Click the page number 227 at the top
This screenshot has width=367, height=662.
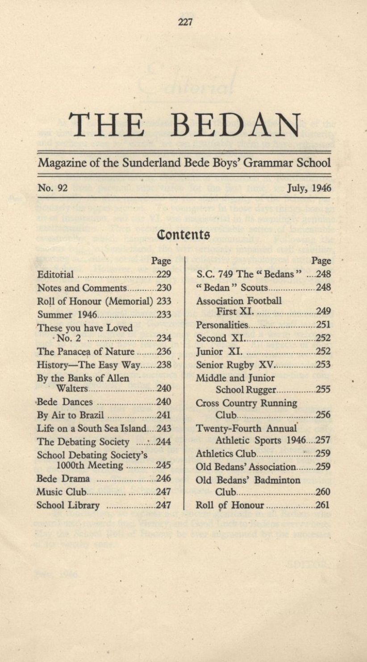coord(185,21)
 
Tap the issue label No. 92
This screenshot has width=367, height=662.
coord(53,188)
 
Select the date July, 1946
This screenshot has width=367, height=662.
coord(309,188)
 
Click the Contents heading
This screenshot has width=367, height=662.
coord(183,234)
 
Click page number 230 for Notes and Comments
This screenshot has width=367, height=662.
coord(163,288)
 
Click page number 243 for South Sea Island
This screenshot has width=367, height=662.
coord(163,429)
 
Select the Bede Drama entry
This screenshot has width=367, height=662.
coord(63,479)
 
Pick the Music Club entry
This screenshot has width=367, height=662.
coord(61,492)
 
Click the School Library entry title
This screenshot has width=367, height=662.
coord(68,506)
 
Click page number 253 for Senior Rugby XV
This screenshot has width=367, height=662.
coord(323,365)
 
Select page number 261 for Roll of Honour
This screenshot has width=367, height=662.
coord(323,506)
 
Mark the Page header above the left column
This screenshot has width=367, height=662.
coord(161,261)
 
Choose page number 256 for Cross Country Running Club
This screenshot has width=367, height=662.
coord(323,415)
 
